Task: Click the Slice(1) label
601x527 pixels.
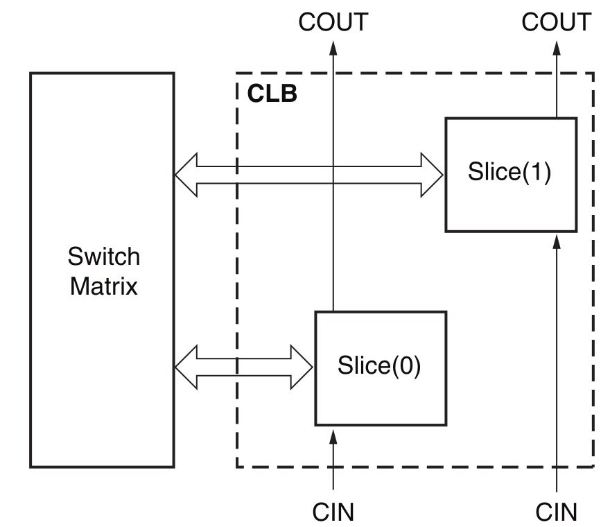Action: (x=509, y=172)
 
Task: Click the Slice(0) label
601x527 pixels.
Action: (x=379, y=365)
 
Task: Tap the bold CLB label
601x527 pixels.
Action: (x=272, y=94)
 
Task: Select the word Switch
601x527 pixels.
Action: (x=103, y=257)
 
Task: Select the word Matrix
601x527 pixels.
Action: (x=103, y=285)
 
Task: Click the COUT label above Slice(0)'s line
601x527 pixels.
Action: (x=333, y=22)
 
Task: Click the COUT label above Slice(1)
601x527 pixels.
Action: (x=556, y=22)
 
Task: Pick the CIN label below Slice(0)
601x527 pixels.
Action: (x=333, y=512)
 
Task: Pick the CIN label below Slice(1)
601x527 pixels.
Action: (x=556, y=512)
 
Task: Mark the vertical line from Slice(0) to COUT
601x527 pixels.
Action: (x=333, y=208)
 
